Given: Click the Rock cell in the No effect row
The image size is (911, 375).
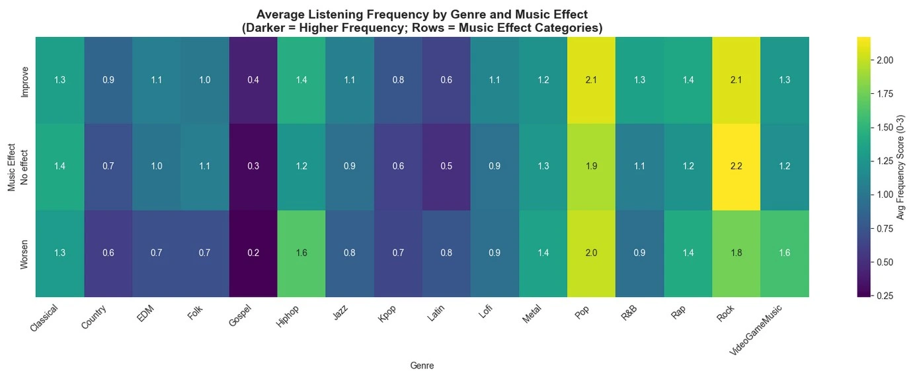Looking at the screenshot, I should (736, 167).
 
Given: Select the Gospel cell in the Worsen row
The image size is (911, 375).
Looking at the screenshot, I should (253, 253).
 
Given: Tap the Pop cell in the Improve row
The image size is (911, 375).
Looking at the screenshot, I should (591, 80).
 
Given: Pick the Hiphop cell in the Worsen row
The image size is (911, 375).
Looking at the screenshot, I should (301, 253).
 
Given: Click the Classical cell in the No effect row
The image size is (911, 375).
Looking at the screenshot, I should (60, 167).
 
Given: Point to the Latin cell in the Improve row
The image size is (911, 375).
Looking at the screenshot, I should (446, 80).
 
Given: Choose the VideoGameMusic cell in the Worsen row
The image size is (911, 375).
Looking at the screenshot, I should (784, 253).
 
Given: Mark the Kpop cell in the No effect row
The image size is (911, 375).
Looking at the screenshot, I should (398, 167).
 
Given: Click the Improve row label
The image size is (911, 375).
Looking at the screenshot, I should (25, 80).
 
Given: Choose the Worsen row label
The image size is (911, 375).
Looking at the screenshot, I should (25, 253).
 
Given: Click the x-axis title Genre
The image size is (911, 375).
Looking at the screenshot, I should (422, 365).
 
